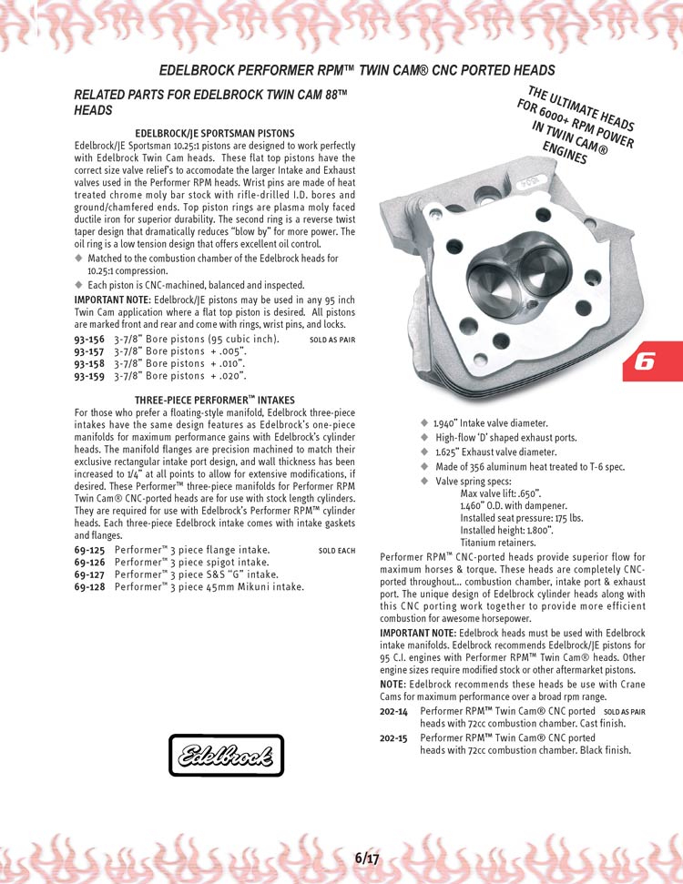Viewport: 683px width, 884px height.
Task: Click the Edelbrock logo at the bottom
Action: coord(227,755)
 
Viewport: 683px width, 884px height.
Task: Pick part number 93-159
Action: coord(87,375)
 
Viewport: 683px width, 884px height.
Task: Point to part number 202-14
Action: coord(393,710)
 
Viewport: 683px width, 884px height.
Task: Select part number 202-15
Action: coord(393,737)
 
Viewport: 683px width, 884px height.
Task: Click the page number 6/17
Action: coord(367,858)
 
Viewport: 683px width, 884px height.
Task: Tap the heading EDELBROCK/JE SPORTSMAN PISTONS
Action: coord(214,134)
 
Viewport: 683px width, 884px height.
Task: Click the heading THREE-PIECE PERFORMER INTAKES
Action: coord(214,400)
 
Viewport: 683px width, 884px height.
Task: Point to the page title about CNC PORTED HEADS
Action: coord(357,70)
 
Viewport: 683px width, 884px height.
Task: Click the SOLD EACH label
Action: coord(337,551)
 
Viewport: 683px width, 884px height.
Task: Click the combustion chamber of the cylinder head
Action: coord(516,282)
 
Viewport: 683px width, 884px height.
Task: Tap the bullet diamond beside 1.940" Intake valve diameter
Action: coord(423,423)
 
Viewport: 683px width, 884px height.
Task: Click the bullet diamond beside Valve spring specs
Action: coord(423,481)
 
